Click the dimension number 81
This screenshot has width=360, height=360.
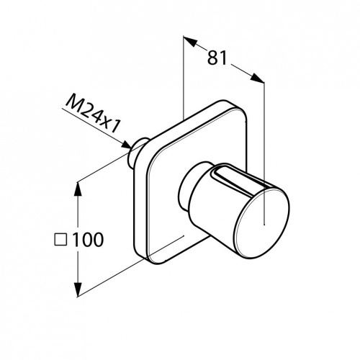pyautogui.click(x=217, y=58)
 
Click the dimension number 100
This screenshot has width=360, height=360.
pyautogui.click(x=88, y=240)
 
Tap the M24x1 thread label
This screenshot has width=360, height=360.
pyautogui.click(x=92, y=114)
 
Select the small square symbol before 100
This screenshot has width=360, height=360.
pyautogui.click(x=60, y=240)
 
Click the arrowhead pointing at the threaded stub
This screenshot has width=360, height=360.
pyautogui.click(x=126, y=145)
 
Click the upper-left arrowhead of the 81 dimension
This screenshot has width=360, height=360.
pyautogui.click(x=189, y=41)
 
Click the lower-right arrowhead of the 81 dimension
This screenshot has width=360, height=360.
pyautogui.click(x=257, y=78)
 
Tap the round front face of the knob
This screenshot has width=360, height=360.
pyautogui.click(x=261, y=224)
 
